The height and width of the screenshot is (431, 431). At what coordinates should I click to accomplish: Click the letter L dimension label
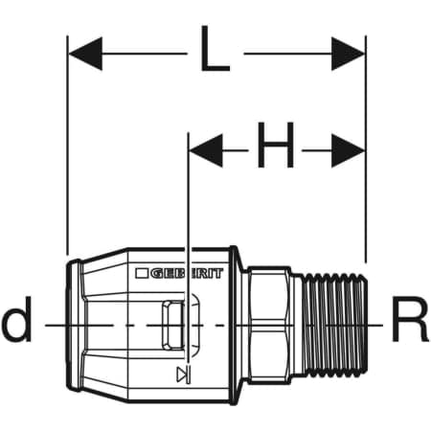tap(215, 49)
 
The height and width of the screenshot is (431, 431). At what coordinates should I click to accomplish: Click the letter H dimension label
tap(276, 145)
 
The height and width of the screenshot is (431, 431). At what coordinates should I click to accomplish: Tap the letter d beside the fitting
tap(17, 319)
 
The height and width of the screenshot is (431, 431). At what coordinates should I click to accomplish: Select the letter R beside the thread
tap(410, 319)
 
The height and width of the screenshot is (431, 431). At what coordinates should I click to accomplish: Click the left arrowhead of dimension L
tap(85, 54)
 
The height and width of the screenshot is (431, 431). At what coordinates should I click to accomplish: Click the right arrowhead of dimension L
tap(348, 54)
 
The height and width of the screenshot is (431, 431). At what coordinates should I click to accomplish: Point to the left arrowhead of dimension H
tap(206, 150)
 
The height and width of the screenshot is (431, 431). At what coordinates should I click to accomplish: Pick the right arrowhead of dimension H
tap(348, 150)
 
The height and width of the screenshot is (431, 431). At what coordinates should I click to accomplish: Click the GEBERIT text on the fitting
tap(187, 274)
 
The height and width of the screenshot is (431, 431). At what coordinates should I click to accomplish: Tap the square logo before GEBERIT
tap(142, 273)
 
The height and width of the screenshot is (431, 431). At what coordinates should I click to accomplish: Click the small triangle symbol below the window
tap(183, 374)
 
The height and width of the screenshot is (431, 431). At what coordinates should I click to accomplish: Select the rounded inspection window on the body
tap(172, 325)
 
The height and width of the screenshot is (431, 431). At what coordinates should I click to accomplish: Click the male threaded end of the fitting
tap(333, 324)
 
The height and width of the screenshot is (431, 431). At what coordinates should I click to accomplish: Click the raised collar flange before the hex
tap(236, 325)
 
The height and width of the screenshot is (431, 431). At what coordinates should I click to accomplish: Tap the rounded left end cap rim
tap(74, 325)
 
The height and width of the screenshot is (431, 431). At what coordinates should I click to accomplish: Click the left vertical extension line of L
tap(67, 146)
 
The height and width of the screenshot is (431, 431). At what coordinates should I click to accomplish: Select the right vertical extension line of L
tap(366, 149)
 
